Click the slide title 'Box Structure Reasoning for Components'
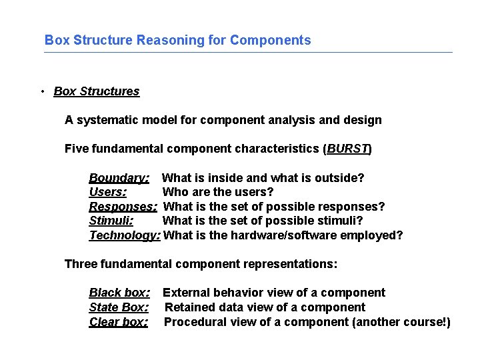click(x=177, y=40)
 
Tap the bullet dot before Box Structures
click(x=42, y=91)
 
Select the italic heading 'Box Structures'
click(x=96, y=91)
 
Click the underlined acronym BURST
click(x=347, y=149)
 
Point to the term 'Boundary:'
click(x=119, y=178)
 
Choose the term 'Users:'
click(x=108, y=193)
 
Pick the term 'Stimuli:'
click(x=111, y=221)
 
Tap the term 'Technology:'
click(x=125, y=235)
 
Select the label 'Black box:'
click(x=119, y=293)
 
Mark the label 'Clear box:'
click(x=118, y=322)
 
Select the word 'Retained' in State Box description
click(x=187, y=307)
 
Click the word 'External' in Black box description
click(x=185, y=293)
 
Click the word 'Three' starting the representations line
click(x=80, y=264)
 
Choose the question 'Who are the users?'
click(x=218, y=193)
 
